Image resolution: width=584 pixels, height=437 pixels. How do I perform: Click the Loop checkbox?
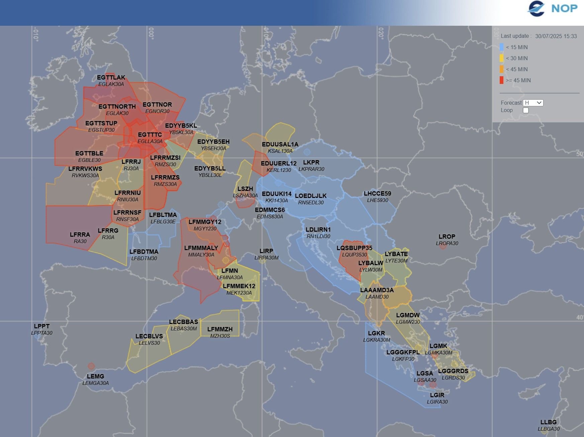point(526,110)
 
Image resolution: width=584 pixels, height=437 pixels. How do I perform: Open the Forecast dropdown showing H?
point(533,103)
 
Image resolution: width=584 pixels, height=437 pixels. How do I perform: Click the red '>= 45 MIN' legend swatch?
point(501,80)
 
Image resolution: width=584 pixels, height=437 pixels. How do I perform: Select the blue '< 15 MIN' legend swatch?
point(501,47)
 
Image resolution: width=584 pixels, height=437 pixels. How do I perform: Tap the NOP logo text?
point(564,8)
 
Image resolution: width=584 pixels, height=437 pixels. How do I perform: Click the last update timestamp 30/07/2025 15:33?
point(556,36)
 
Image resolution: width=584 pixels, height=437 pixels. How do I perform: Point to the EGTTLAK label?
point(111,78)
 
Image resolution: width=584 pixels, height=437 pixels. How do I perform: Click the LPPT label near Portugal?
point(42,326)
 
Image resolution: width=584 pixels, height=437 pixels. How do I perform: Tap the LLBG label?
point(549,422)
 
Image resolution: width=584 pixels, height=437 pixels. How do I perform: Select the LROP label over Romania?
point(447,237)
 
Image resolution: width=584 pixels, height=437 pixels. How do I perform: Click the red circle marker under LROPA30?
point(443,246)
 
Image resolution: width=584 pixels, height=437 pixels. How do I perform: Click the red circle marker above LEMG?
point(91,366)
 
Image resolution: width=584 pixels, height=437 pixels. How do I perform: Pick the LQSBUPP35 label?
point(354,248)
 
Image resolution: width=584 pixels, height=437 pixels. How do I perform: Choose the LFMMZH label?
point(220,329)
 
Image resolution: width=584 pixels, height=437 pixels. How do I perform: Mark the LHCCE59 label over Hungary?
point(377,194)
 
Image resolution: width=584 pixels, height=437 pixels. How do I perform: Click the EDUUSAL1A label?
point(280,144)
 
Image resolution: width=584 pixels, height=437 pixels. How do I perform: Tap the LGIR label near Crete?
point(437,395)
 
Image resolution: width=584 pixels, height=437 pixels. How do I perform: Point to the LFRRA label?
point(80,235)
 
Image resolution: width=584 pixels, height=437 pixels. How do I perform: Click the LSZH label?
point(245,189)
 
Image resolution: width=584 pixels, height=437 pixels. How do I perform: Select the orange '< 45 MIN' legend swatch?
point(501,69)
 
